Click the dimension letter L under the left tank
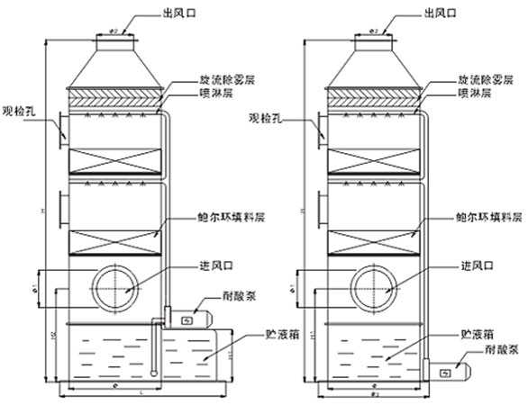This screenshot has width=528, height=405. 141,398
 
